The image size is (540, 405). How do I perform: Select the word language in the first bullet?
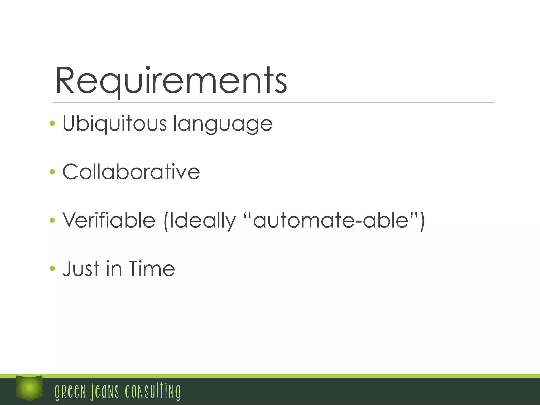point(223,124)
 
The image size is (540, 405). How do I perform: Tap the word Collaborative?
point(131,172)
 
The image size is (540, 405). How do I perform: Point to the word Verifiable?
point(109,220)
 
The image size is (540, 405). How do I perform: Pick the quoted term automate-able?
point(331,220)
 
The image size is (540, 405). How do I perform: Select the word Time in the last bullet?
point(152,269)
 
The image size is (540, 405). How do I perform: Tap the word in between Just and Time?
point(114,269)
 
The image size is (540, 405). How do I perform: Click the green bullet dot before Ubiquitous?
point(52,123)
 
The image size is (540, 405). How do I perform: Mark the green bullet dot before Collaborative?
point(52,172)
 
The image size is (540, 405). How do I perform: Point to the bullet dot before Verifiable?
point(52,220)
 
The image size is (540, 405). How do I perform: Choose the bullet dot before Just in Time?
point(52,268)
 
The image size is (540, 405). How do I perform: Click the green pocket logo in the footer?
point(29,388)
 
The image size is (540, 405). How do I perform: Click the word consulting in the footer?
point(153,391)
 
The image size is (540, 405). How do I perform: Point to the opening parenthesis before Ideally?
point(166,221)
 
